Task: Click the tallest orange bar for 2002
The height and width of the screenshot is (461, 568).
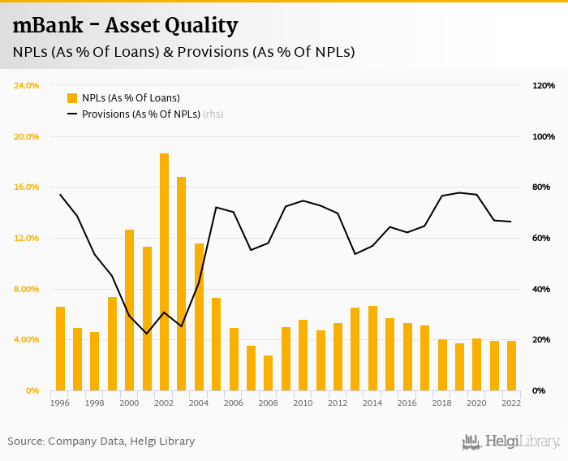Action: pos(164,272)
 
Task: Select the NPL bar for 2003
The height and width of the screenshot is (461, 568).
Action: pos(181,283)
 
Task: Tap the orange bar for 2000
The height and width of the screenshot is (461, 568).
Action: pos(130,310)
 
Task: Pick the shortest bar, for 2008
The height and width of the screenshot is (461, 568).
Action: pos(269,373)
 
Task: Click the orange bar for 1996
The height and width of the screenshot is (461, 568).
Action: pos(60,349)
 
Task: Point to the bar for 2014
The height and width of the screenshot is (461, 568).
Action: pos(372,348)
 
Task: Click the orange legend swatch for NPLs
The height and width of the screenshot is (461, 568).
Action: pos(72,98)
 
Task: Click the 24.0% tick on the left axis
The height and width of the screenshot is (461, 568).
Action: pos(27,85)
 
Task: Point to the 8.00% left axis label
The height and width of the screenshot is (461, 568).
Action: pos(27,289)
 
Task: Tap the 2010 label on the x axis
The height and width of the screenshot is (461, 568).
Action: pos(303,403)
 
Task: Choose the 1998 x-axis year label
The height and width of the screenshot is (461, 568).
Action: pos(95,403)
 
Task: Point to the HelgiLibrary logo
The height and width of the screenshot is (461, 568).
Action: pos(511,442)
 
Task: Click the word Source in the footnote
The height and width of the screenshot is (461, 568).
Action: pos(26,442)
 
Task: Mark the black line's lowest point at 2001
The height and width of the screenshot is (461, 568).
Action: pos(147,334)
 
